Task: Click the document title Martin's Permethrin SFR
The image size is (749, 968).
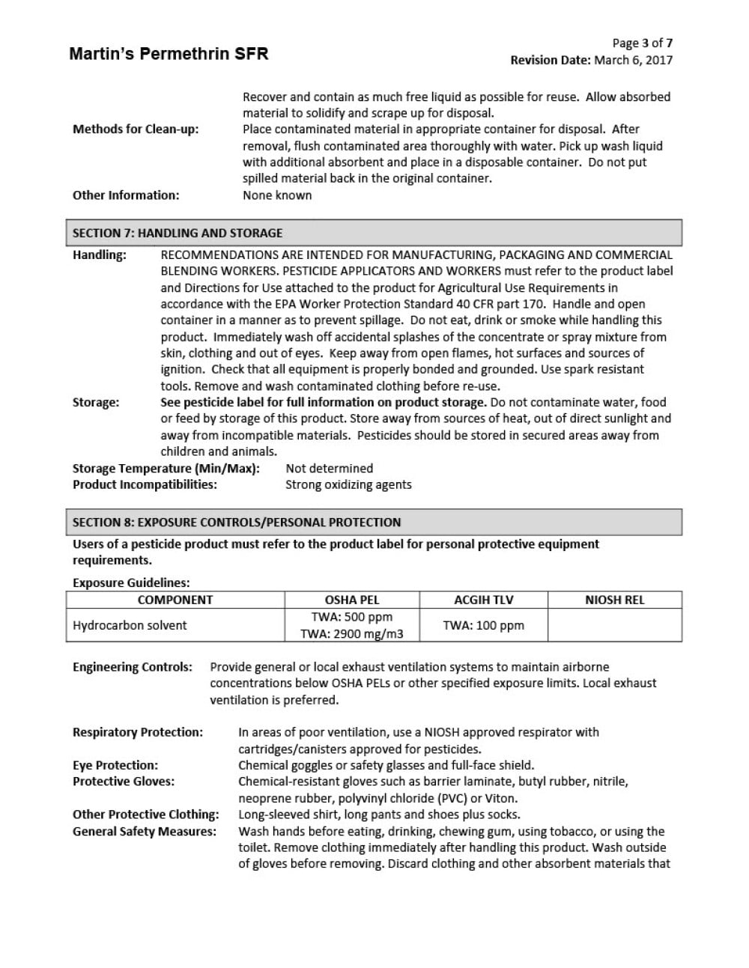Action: coord(169,54)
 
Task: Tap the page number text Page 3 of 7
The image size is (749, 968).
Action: coord(642,43)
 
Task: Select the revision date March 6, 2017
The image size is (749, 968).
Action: coord(633,61)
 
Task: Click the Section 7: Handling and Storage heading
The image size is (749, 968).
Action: coord(178,233)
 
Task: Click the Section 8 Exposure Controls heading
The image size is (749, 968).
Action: coord(237,523)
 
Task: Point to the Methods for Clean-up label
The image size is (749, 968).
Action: coord(136,130)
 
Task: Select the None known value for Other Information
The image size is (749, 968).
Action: coord(277,195)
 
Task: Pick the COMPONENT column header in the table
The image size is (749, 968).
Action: coord(175,600)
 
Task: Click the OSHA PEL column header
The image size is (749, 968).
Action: coord(352,600)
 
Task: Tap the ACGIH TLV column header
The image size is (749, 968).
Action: coord(484,600)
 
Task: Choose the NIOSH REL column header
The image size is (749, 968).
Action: coord(614,600)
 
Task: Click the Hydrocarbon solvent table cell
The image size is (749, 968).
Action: coord(130,625)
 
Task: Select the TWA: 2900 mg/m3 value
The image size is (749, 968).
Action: coord(352,634)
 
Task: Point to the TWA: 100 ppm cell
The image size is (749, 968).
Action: coord(484,625)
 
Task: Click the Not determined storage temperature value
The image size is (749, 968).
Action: coord(329,469)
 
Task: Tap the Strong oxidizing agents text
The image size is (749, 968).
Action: coord(348,484)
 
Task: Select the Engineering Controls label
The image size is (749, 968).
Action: coord(133,667)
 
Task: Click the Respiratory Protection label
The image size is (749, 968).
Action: coord(138,732)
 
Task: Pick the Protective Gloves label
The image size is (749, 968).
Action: coord(124,782)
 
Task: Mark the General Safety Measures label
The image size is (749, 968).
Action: coord(145,831)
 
